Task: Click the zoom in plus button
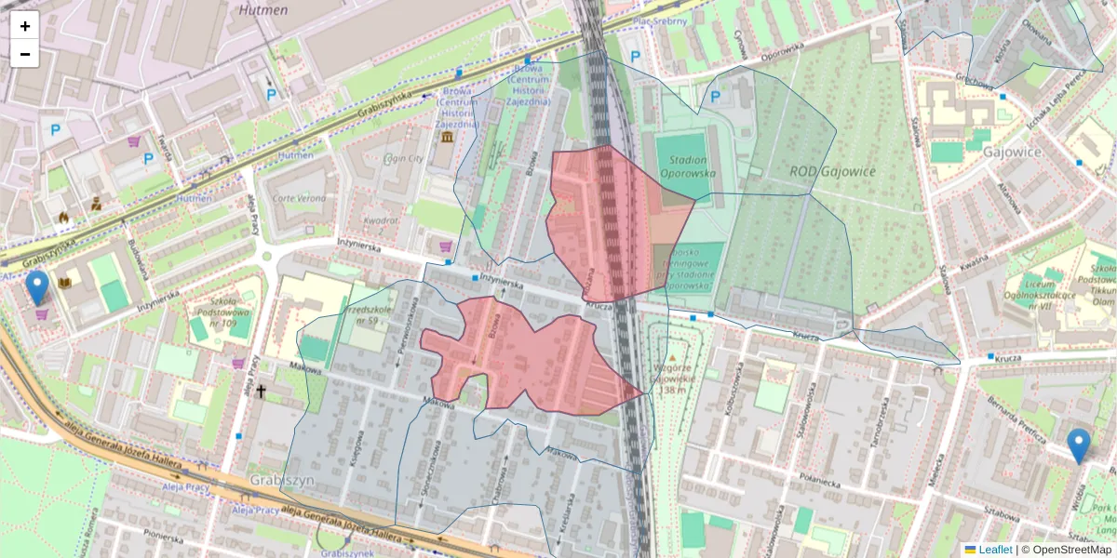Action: click(25, 26)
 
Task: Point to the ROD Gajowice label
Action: click(833, 171)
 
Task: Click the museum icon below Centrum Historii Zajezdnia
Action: click(448, 138)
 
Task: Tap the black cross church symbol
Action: click(262, 392)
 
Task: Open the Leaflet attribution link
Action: click(995, 550)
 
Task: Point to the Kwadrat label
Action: click(381, 220)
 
